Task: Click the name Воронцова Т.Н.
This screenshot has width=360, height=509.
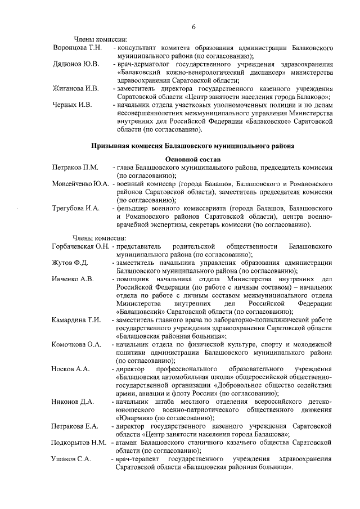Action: (76, 48)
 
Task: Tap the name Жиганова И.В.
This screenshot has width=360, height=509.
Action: (75, 89)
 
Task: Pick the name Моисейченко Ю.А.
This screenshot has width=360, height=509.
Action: (80, 184)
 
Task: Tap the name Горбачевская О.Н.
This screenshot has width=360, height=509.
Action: (80, 246)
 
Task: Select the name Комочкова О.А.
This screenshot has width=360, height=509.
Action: (76, 344)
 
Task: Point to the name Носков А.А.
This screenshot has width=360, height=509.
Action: (70, 368)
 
